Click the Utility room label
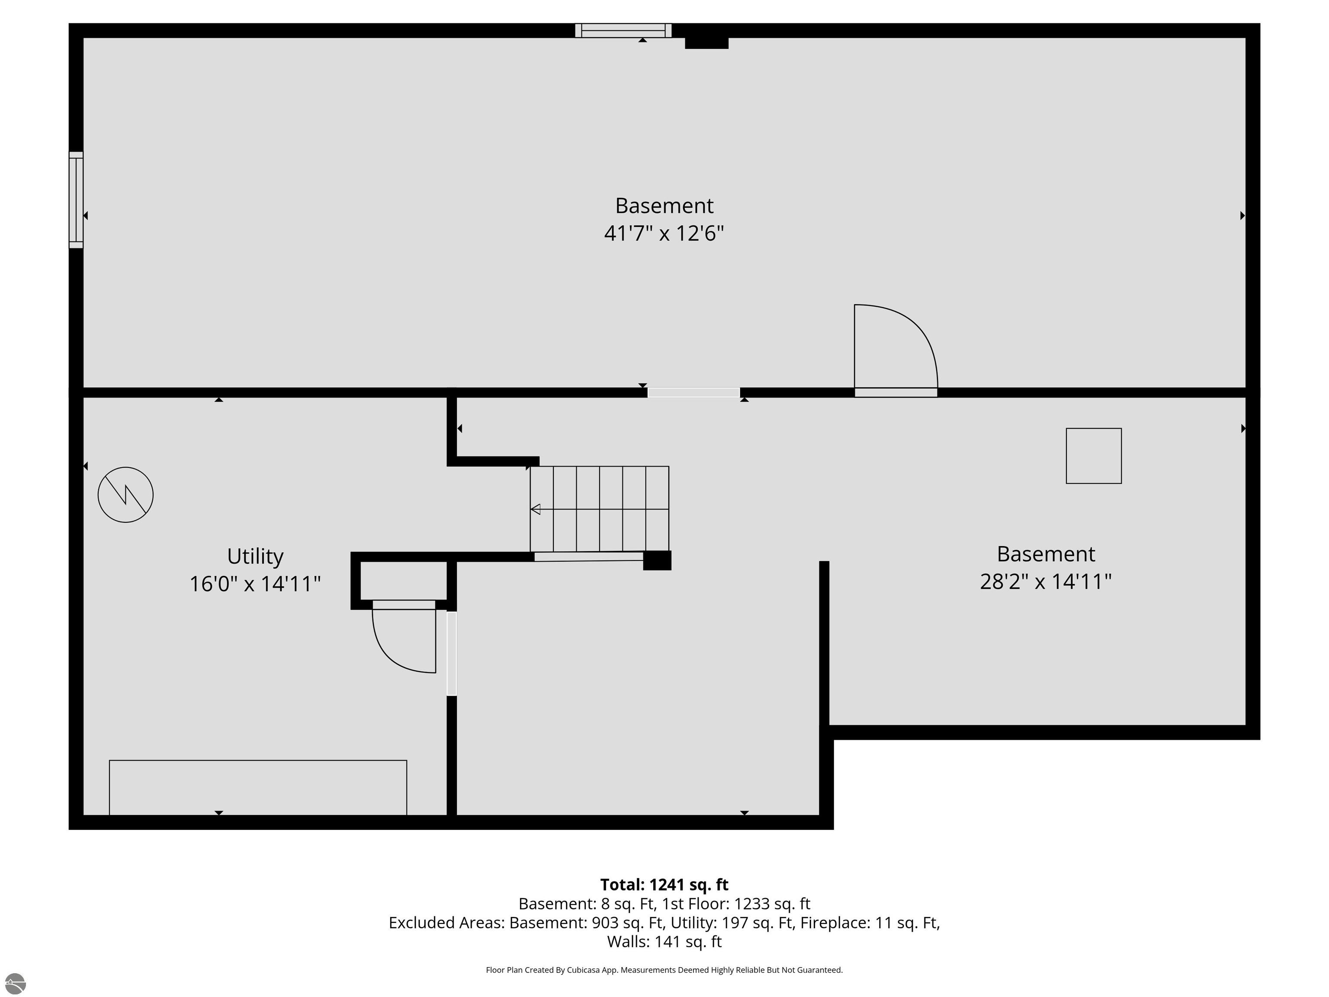click(255, 556)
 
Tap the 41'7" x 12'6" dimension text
click(664, 233)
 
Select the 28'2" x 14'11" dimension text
click(1045, 582)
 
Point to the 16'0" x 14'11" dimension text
click(255, 584)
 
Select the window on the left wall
click(76, 199)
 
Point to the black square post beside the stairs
click(657, 560)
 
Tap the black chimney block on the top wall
click(706, 43)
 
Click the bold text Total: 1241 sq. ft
click(664, 884)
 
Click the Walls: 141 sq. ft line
click(664, 941)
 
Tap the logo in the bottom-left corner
click(15, 983)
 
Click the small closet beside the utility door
click(404, 581)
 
